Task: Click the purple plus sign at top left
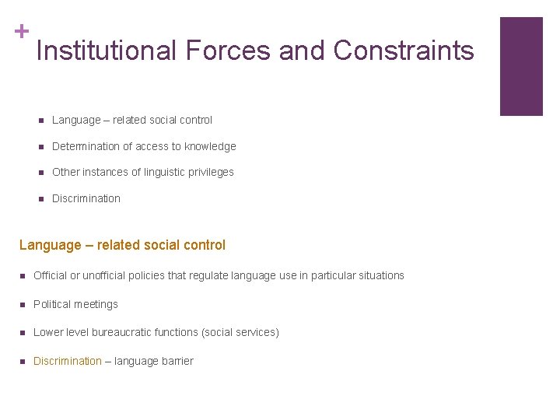click(22, 31)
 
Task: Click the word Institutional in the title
click(107, 51)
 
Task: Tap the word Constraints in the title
click(403, 51)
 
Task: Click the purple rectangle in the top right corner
click(520, 66)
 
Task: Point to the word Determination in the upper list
click(86, 146)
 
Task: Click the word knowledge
click(210, 146)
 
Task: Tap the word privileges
click(209, 172)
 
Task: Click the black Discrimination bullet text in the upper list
click(86, 198)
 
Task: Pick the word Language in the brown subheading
click(50, 245)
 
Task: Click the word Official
click(51, 275)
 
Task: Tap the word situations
click(380, 275)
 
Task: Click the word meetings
click(96, 304)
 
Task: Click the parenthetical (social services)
click(240, 332)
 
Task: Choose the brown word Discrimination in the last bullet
click(68, 361)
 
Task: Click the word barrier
click(177, 361)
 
